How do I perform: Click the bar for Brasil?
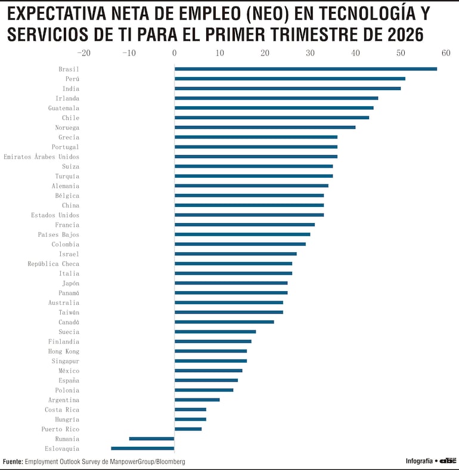(x=305, y=69)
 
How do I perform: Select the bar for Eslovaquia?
(x=142, y=448)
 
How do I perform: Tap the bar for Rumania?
(x=151, y=438)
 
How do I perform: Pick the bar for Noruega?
(x=265, y=127)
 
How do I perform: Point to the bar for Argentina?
(x=197, y=400)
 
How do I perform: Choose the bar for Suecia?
(x=215, y=332)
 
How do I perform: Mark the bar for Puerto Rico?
(x=188, y=429)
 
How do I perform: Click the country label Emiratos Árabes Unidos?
(x=41, y=157)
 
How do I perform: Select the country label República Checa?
(x=53, y=264)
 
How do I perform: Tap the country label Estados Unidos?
(x=55, y=215)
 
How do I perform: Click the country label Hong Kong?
(x=63, y=351)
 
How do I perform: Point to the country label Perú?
(x=72, y=79)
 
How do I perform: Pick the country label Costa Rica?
(x=61, y=410)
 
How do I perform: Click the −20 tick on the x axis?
(x=83, y=52)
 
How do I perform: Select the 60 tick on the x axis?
(x=446, y=52)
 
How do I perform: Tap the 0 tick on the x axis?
(x=174, y=52)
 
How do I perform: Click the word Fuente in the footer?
(x=13, y=462)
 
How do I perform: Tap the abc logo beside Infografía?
(x=448, y=461)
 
